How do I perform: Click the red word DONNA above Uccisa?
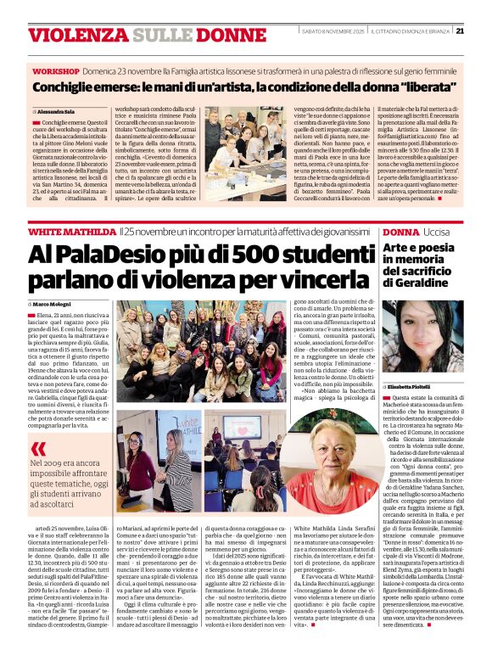[400, 231]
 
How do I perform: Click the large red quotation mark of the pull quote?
[39, 448]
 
